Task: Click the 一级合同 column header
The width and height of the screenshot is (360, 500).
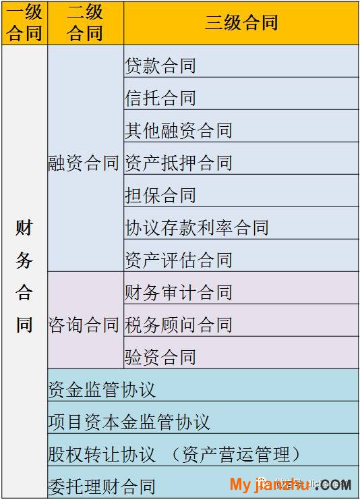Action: [24, 23]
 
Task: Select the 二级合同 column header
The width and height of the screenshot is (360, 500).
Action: [86, 23]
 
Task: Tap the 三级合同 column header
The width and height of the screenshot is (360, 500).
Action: [241, 23]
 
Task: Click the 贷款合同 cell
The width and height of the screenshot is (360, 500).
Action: [241, 61]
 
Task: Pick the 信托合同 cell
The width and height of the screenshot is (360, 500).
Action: [241, 94]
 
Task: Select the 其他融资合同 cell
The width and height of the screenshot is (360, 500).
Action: [241, 126]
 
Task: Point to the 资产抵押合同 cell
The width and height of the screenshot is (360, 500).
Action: [241, 159]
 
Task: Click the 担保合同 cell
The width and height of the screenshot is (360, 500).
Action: [241, 191]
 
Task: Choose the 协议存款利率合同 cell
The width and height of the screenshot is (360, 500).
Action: [241, 223]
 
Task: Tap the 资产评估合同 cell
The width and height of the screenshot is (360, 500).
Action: [241, 256]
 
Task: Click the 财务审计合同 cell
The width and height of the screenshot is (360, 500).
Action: [241, 288]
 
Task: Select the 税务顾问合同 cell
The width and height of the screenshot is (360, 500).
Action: [241, 321]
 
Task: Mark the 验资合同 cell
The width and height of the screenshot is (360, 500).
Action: [241, 353]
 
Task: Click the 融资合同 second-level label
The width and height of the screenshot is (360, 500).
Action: [84, 163]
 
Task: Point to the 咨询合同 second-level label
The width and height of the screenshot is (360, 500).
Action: [84, 325]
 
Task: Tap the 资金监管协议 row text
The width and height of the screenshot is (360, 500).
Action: [102, 389]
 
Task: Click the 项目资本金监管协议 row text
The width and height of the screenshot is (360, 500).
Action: [129, 422]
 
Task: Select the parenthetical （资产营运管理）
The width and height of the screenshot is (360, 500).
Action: [233, 454]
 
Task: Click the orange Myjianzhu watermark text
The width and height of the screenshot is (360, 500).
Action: [269, 485]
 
